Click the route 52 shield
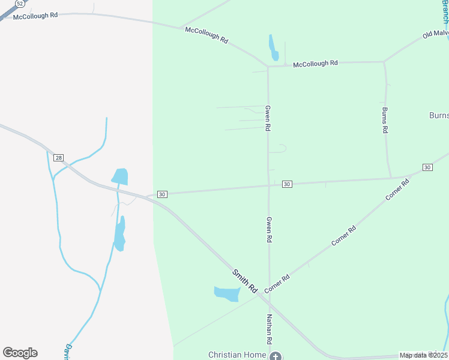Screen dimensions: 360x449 click(20, 3)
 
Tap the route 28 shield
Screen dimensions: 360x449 click(58, 158)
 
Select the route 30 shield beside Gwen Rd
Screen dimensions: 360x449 click(287, 184)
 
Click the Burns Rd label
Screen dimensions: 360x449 click(385, 120)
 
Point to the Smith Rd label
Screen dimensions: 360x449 click(245, 281)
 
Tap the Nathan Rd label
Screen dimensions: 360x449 click(270, 328)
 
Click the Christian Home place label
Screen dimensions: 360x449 click(237, 355)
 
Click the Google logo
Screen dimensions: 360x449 click(20, 353)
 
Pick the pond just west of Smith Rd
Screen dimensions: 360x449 click(227, 293)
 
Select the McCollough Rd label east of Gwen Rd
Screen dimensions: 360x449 click(315, 63)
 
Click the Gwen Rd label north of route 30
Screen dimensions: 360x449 click(268, 118)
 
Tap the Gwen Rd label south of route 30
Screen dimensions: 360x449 click(269, 229)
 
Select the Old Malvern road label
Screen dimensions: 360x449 click(435, 32)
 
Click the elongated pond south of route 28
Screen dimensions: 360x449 click(120, 233)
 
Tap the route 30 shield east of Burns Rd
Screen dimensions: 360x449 click(427, 167)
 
